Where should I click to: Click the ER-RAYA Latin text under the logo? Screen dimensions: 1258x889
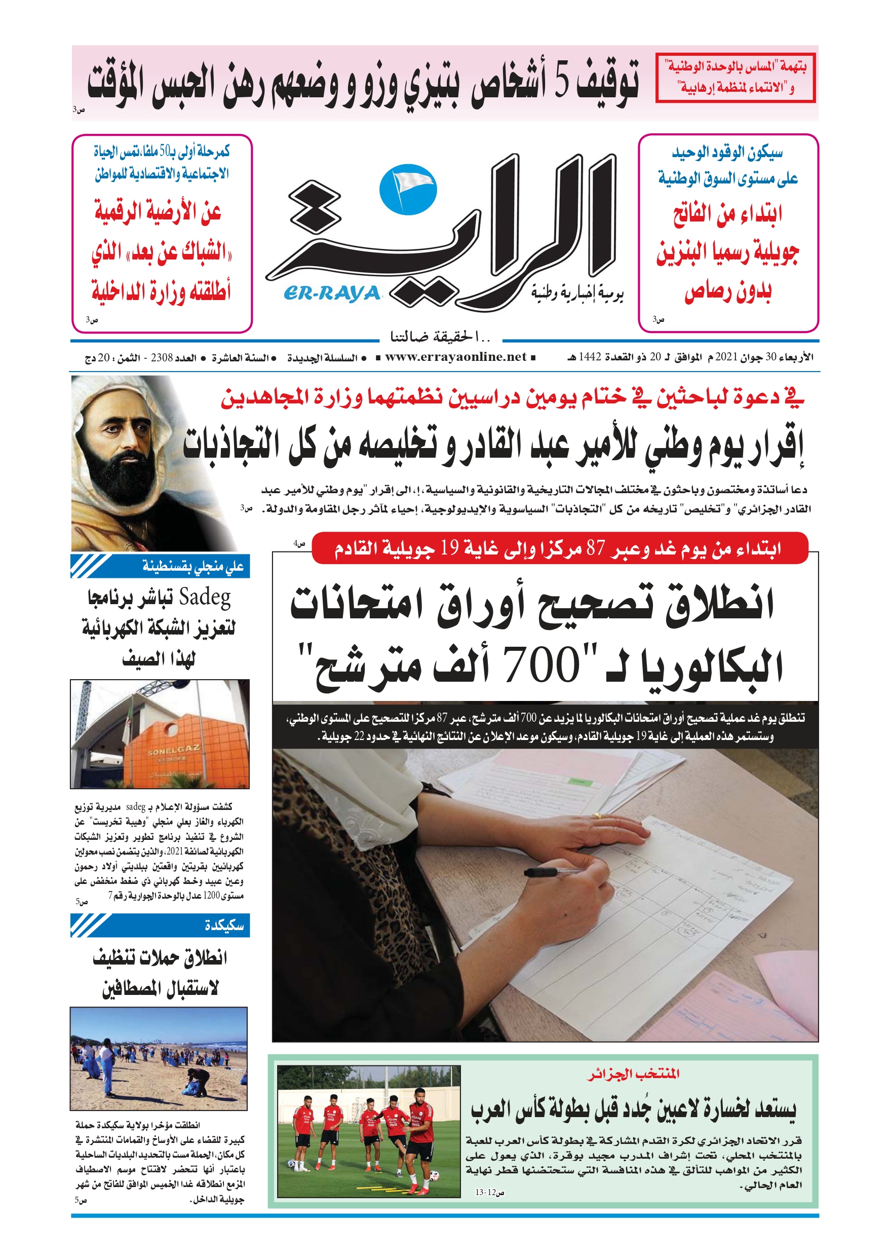click(332, 293)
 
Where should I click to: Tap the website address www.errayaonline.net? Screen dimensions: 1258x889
click(455, 357)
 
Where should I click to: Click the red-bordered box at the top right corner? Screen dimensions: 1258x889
click(735, 78)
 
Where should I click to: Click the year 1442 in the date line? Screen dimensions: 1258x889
click(590, 357)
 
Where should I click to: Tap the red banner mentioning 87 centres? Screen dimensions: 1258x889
click(559, 548)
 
